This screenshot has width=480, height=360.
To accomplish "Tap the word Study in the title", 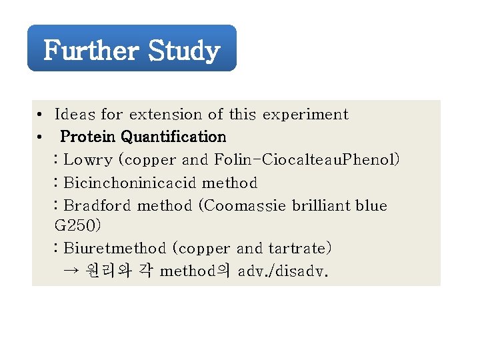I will pyautogui.click(x=184, y=51).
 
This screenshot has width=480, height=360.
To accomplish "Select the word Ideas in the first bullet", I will pyautogui.click(x=75, y=115).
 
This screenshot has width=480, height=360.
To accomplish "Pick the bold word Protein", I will pyautogui.click(x=88, y=137).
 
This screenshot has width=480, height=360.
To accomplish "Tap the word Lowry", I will pyautogui.click(x=88, y=160).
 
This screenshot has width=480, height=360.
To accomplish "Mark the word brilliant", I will pyautogui.click(x=318, y=205).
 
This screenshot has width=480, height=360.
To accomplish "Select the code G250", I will pyautogui.click(x=77, y=226).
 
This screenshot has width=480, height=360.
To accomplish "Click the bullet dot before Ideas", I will pyautogui.click(x=41, y=115).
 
